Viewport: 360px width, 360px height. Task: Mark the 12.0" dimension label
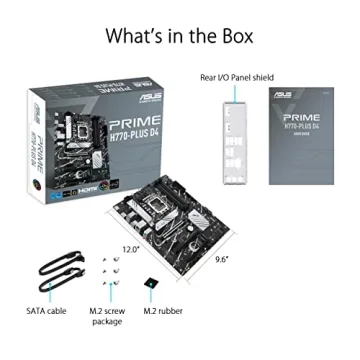[131, 248]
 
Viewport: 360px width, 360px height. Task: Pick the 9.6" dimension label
[221, 259]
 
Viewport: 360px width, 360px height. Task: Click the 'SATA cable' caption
[47, 311]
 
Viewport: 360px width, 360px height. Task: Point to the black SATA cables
[58, 272]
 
